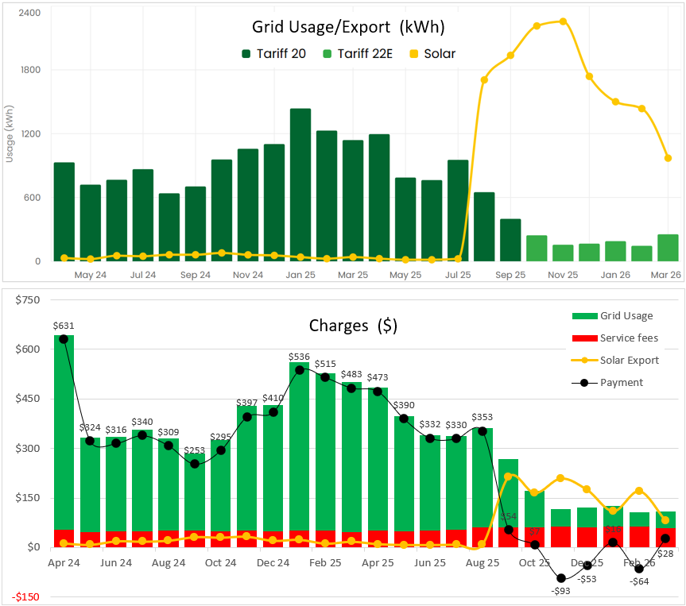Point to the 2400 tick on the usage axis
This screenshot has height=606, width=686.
click(x=29, y=14)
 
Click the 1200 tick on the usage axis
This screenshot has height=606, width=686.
click(x=29, y=133)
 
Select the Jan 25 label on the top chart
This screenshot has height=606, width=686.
click(x=300, y=275)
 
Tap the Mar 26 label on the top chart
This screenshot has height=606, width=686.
click(x=665, y=275)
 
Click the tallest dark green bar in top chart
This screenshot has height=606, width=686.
click(x=300, y=184)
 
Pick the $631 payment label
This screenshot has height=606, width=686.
click(x=64, y=325)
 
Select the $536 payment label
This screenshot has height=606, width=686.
click(x=299, y=356)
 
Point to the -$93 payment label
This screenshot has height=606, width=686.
click(x=560, y=590)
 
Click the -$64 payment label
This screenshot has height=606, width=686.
click(x=640, y=581)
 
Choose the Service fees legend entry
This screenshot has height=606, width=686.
click(x=628, y=338)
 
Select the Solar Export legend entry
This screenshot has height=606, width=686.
click(x=628, y=360)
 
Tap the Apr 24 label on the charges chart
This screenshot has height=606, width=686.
click(x=64, y=562)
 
